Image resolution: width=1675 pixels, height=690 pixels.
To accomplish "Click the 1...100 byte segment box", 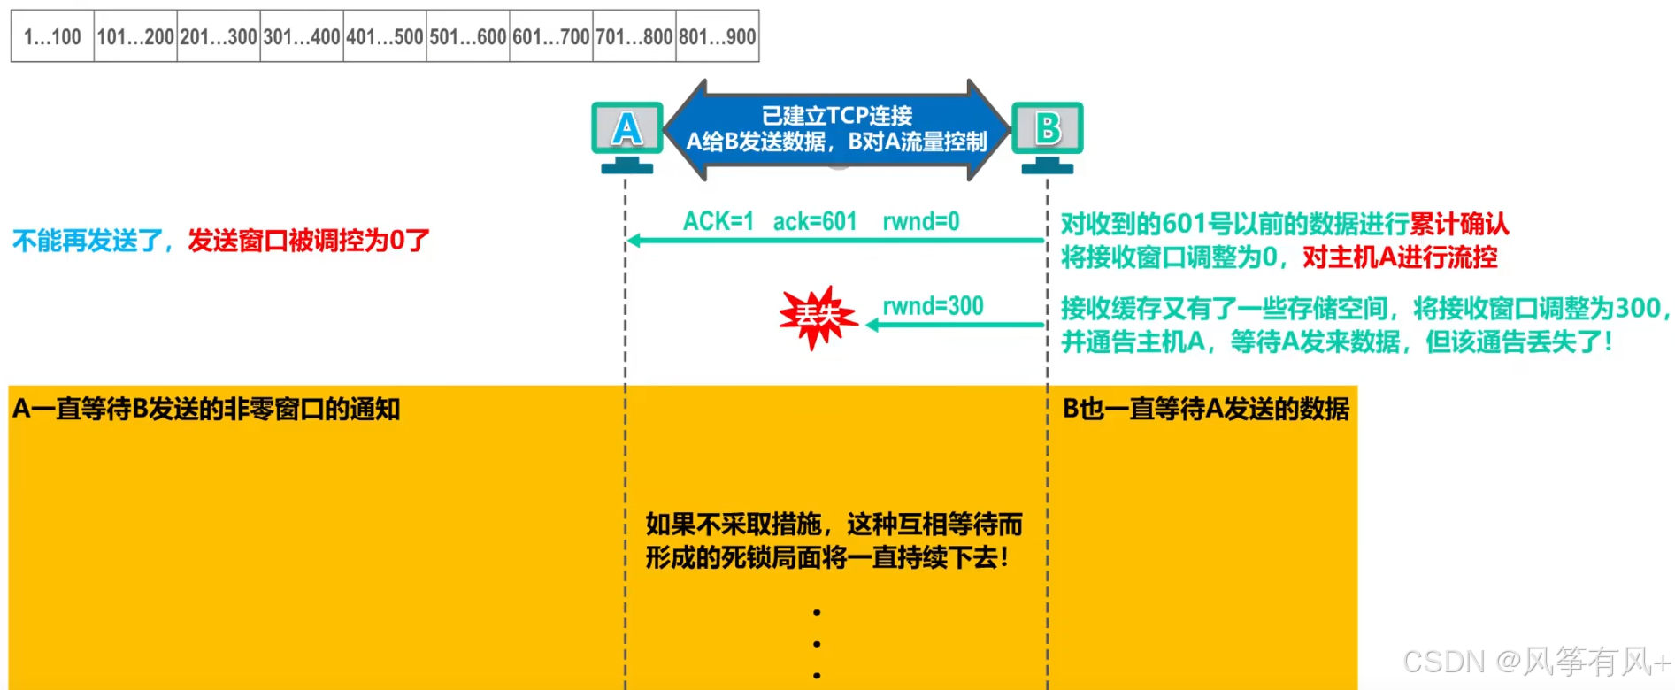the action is click(x=52, y=36).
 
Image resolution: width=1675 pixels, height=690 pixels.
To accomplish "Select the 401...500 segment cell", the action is click(x=385, y=36).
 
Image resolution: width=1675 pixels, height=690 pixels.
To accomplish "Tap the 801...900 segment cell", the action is click(x=717, y=36).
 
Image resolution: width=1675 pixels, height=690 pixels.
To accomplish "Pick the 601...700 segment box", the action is click(x=550, y=36).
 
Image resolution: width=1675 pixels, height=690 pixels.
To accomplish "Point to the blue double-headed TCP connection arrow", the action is click(x=836, y=129).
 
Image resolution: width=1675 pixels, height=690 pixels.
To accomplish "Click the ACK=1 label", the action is click(x=718, y=221).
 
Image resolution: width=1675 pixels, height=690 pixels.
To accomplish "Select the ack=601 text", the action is click(x=815, y=221).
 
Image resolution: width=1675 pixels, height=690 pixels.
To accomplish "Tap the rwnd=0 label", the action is click(x=920, y=221).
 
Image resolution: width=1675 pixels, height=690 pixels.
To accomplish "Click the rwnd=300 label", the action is click(x=933, y=306).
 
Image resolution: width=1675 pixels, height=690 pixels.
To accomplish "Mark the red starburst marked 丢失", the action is click(x=817, y=316).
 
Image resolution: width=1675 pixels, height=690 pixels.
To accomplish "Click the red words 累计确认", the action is click(x=1459, y=224).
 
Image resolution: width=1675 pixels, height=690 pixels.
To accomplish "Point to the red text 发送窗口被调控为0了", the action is click(x=309, y=240).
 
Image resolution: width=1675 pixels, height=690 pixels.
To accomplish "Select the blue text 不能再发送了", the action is click(x=88, y=240).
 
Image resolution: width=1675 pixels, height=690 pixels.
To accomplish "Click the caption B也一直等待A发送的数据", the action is click(x=1205, y=409).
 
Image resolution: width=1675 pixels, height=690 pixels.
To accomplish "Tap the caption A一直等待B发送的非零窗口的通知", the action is click(x=206, y=409).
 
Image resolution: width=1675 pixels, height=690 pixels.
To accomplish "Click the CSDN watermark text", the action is click(x=1536, y=662).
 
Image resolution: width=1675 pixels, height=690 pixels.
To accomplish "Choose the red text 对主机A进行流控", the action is click(x=1400, y=257).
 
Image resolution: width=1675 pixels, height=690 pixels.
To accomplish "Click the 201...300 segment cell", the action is click(x=219, y=36).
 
